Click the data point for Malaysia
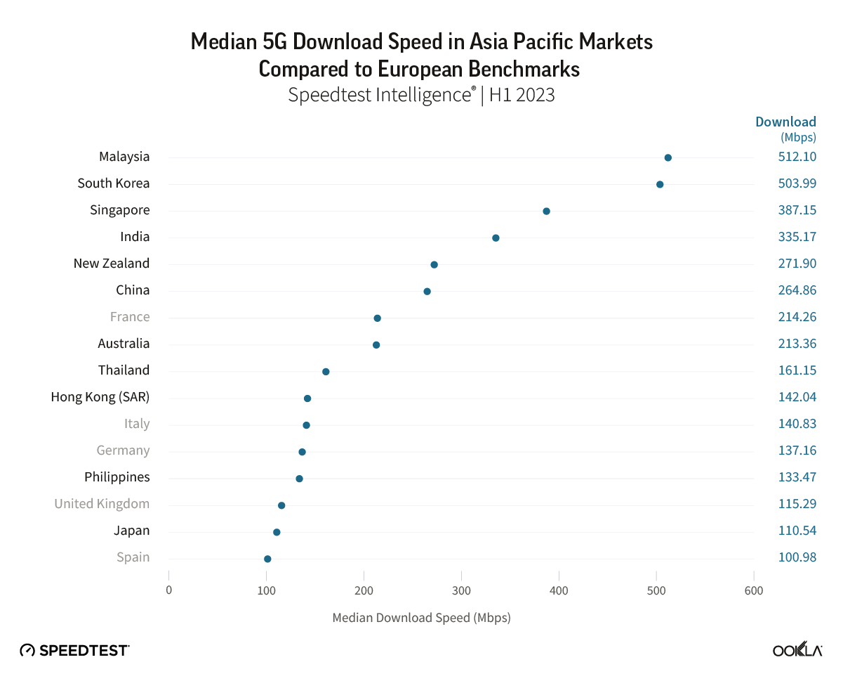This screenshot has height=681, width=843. (668, 157)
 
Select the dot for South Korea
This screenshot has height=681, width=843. (660, 184)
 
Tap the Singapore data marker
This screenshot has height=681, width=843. (546, 211)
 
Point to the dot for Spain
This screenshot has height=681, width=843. (267, 559)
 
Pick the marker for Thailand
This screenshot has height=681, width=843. (326, 371)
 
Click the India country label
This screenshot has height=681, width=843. (135, 237)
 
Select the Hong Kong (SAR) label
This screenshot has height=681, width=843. (100, 397)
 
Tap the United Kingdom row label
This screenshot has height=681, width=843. (102, 504)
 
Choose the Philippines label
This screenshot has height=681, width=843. (117, 477)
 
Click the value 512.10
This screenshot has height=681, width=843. (797, 157)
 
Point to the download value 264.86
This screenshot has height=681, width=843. (797, 290)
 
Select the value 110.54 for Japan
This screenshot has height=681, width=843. (797, 531)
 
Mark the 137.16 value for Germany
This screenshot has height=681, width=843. (797, 450)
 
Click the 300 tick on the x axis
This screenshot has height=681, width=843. (461, 590)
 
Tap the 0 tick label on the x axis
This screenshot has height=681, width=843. (169, 590)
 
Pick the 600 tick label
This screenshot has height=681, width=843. (754, 590)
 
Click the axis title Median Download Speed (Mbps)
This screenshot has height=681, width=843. (421, 618)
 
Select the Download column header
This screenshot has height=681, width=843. (785, 122)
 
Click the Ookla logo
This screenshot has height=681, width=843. (797, 650)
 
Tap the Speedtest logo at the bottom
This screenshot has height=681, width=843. (74, 650)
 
